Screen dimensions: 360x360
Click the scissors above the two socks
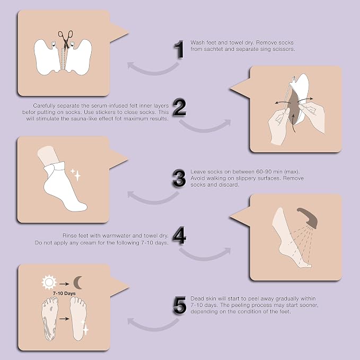65,39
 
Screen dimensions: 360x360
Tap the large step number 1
179,49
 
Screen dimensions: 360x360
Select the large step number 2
179,107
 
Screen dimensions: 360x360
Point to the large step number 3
179,178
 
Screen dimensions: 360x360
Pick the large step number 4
179,235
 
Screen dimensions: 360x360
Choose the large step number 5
179,305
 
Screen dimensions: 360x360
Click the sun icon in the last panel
49,283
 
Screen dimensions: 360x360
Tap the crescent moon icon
77,283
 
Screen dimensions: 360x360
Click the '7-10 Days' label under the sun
64,293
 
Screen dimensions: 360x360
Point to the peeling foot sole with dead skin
50,318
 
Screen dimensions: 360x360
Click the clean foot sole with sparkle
78,319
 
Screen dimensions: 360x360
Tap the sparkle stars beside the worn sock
76,175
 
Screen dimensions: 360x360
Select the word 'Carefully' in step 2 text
44,106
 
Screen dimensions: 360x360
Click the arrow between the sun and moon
64,284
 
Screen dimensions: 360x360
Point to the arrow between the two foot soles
64,319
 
